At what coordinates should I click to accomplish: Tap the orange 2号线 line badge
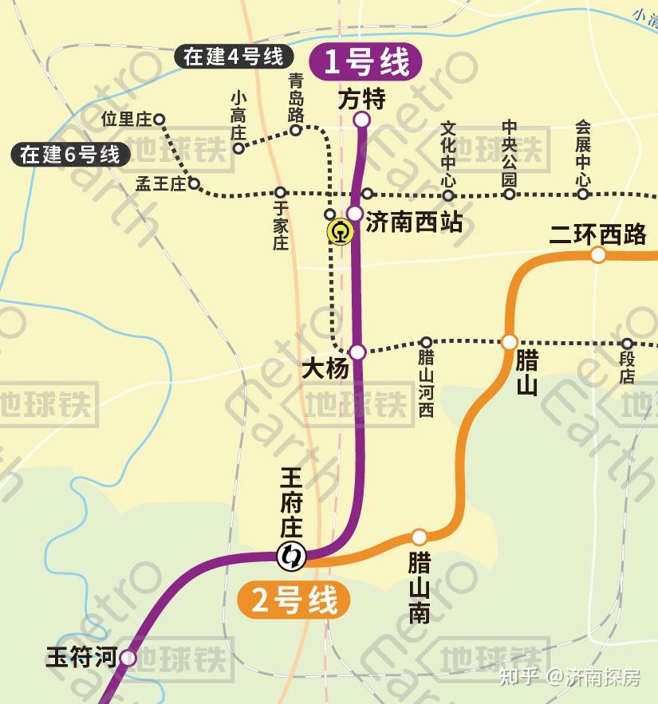(x=294, y=600)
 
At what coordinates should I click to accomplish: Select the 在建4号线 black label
(x=234, y=57)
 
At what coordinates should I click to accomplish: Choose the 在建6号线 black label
(x=70, y=154)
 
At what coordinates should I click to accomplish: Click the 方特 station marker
(x=361, y=120)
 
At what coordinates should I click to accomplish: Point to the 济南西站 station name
(x=414, y=222)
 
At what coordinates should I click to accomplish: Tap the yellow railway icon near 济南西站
(x=341, y=233)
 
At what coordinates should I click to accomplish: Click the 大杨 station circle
(x=357, y=352)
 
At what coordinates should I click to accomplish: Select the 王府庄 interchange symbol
(x=290, y=556)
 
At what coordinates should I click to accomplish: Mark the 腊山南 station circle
(x=419, y=537)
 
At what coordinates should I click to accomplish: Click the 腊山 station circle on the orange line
(x=509, y=342)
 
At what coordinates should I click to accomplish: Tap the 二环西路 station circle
(x=597, y=255)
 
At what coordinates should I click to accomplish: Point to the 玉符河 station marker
(x=128, y=659)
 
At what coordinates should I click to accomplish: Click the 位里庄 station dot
(x=159, y=120)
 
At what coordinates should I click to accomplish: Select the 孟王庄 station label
(x=160, y=184)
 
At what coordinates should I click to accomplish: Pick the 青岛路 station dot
(x=295, y=130)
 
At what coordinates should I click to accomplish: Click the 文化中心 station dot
(x=448, y=195)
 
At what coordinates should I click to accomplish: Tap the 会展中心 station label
(x=583, y=154)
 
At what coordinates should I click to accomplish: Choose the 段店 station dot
(x=627, y=344)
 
